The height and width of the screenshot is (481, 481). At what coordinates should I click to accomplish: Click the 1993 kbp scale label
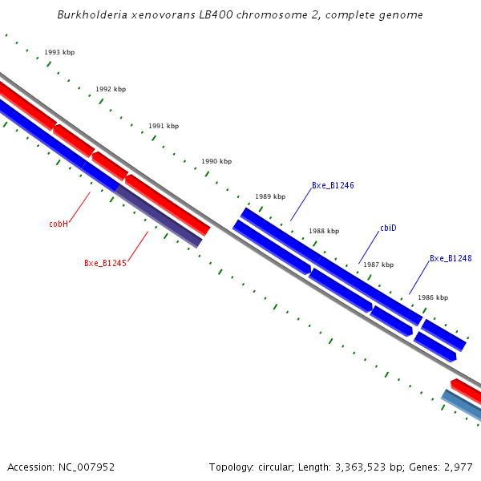click(x=59, y=52)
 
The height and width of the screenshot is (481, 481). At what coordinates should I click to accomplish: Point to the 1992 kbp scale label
click(x=111, y=89)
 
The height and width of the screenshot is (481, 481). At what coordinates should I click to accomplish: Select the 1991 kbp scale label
click(x=164, y=126)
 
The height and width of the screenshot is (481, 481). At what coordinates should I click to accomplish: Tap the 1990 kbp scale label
click(x=216, y=161)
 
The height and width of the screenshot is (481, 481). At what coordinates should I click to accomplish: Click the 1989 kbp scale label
click(x=270, y=196)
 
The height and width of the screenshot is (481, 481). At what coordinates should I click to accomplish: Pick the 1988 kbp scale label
click(x=324, y=231)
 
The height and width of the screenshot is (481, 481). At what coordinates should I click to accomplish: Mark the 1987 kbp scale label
click(x=378, y=265)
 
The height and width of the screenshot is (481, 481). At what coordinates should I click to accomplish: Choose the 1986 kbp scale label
click(x=433, y=297)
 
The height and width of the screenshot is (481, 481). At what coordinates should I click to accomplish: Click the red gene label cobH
click(x=59, y=224)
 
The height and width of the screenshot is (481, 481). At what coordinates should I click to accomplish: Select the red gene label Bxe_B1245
click(x=105, y=263)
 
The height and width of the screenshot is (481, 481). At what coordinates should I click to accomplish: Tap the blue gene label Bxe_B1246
click(x=333, y=185)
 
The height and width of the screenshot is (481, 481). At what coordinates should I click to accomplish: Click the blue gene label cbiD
click(x=388, y=228)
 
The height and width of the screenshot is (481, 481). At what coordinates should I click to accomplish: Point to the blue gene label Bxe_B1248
click(x=451, y=258)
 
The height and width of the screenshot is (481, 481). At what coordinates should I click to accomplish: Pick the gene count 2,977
click(x=456, y=467)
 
